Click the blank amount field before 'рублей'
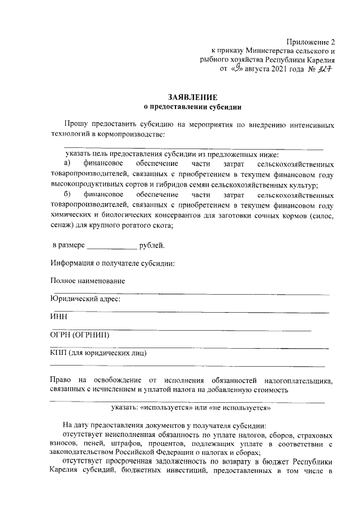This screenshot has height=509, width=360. click(112, 246)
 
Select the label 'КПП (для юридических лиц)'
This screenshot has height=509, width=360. click(98, 353)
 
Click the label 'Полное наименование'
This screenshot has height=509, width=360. click(87, 281)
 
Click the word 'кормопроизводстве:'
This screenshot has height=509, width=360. click(132, 134)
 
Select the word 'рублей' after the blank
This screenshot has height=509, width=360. click(151, 246)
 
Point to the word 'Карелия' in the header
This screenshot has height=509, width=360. click(321, 61)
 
